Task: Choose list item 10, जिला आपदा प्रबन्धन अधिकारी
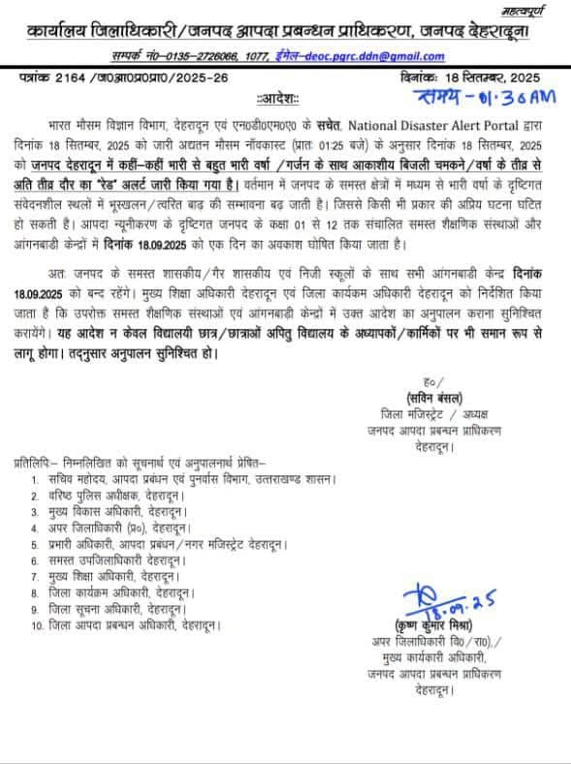pos(127,626)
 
